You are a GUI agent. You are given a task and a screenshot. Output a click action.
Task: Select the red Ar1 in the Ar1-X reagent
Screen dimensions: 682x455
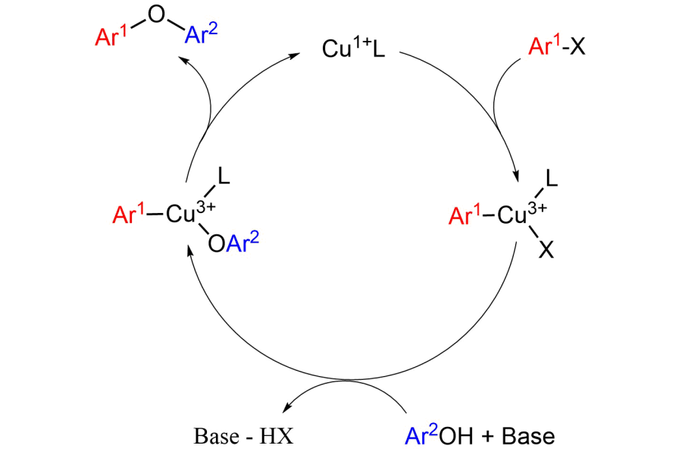click(x=544, y=45)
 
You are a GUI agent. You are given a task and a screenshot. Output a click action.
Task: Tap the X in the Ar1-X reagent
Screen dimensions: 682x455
click(x=577, y=46)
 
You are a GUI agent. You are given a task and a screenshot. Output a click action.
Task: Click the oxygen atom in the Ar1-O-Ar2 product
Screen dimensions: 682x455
click(x=156, y=14)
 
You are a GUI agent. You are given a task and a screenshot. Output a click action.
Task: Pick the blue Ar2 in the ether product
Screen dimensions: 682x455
click(x=201, y=33)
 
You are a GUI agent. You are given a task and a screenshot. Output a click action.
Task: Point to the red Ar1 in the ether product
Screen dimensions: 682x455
click(x=111, y=36)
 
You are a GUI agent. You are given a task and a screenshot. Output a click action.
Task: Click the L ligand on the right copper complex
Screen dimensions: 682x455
click(x=551, y=178)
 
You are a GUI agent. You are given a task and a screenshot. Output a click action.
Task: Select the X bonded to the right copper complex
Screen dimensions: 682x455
click(x=546, y=250)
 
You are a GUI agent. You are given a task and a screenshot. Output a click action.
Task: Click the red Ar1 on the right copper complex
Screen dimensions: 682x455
click(x=465, y=215)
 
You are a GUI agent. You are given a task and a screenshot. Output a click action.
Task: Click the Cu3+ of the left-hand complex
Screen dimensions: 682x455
click(x=190, y=212)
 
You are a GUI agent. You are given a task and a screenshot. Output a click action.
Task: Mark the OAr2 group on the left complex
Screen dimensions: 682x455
click(x=233, y=242)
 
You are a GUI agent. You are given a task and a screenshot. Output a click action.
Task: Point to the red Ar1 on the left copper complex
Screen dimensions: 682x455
click(x=128, y=214)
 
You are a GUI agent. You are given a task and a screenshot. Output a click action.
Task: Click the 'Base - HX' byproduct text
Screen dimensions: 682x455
click(x=243, y=436)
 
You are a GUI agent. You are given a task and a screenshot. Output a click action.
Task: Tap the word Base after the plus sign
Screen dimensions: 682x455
click(x=528, y=436)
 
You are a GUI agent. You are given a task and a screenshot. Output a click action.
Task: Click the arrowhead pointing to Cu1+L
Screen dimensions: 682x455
click(x=296, y=55)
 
